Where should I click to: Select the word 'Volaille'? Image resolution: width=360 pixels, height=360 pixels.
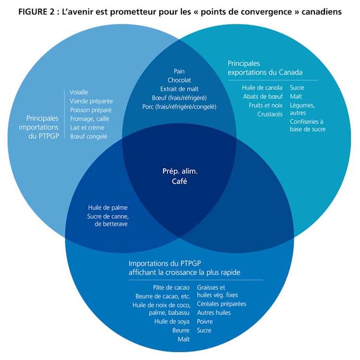point(79,92)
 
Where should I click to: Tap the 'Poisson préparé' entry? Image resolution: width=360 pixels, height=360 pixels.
point(91,110)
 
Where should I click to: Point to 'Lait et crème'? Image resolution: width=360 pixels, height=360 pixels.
point(87,128)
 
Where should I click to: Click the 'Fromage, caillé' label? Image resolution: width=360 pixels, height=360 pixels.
point(89,119)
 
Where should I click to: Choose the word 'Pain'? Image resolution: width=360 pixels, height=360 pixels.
point(179,72)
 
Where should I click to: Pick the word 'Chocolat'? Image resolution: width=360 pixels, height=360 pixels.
point(179,80)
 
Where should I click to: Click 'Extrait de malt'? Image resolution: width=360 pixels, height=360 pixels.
point(179,89)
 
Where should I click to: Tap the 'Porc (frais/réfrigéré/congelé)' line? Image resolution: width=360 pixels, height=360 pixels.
point(179,107)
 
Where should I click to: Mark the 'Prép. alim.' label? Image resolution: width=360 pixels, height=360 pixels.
point(180,171)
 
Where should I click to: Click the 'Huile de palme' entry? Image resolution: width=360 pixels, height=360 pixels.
point(108,208)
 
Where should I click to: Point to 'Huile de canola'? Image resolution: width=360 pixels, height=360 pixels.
point(262,88)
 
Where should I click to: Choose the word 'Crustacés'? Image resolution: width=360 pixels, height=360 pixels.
point(270,114)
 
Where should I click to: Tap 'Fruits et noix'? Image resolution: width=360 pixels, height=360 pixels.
point(265,105)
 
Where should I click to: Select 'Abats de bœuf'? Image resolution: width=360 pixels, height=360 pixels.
point(263,96)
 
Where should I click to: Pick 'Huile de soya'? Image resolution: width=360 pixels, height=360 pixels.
point(172,322)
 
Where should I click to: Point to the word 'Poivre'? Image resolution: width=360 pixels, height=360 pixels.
point(204,322)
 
